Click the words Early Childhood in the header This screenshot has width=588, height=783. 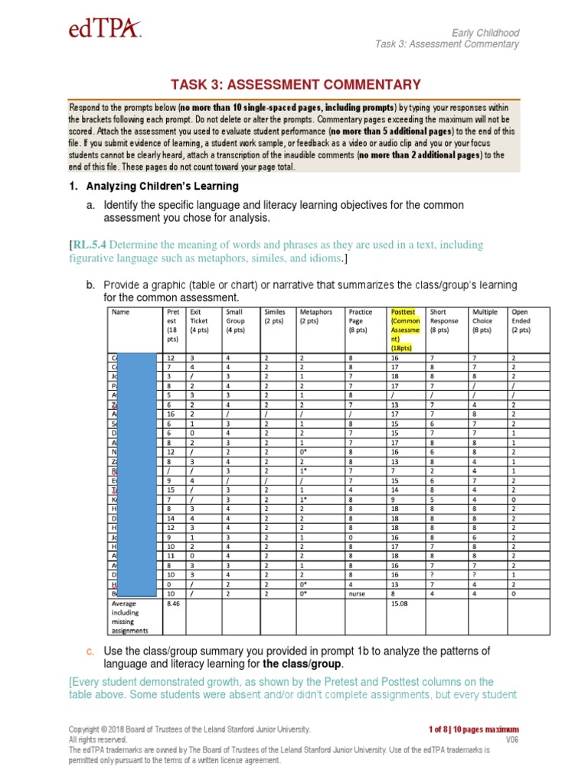(485, 33)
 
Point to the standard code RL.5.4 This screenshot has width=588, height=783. (90, 245)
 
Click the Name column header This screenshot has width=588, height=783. (120, 312)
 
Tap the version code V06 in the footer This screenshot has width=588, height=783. (511, 739)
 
